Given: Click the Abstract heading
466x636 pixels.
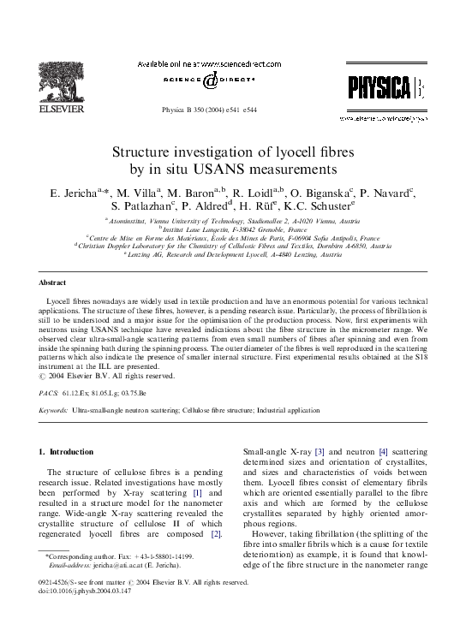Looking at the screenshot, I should [54, 282].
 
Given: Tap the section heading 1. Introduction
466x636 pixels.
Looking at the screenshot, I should [67, 451].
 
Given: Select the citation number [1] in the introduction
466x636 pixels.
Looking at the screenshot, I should [197, 494].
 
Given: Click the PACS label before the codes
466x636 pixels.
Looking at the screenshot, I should [48, 391].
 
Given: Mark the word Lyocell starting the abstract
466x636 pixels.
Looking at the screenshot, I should [61, 304].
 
